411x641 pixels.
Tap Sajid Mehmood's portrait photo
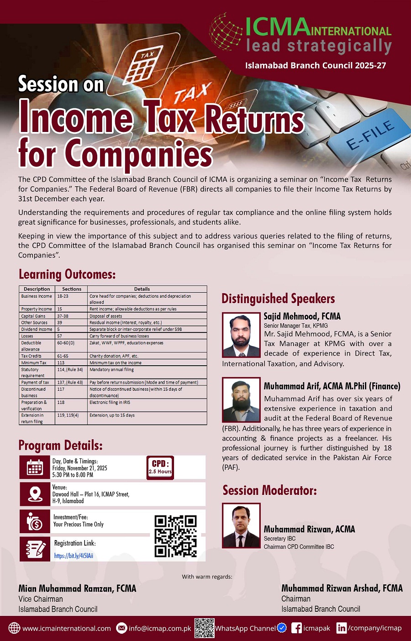pyautogui.click(x=241, y=335)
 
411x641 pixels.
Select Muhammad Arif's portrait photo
pyautogui.click(x=241, y=399)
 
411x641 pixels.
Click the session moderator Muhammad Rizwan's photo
pyautogui.click(x=241, y=525)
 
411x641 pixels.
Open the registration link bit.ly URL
pyautogui.click(x=74, y=556)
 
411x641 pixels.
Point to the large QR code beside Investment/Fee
pyautogui.click(x=175, y=536)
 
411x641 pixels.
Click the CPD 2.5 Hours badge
pyautogui.click(x=160, y=468)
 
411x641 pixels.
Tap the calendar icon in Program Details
pyautogui.click(x=35, y=467)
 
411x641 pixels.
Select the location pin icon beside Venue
pyautogui.click(x=35, y=494)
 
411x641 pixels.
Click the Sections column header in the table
pyautogui.click(x=72, y=289)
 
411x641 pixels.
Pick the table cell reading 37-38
pyautogui.click(x=63, y=316)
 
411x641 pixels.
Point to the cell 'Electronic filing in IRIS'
pyautogui.click(x=110, y=403)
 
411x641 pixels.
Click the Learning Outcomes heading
pyautogui.click(x=67, y=274)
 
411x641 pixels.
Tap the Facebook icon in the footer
pyautogui.click(x=296, y=628)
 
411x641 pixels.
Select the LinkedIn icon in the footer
pyautogui.click(x=341, y=628)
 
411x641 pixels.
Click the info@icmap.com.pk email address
pyautogui.click(x=160, y=628)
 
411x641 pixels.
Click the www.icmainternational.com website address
pyautogui.click(x=67, y=628)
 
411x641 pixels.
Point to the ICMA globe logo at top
pyautogui.click(x=226, y=32)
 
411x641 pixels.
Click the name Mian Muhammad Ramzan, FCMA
pyautogui.click(x=77, y=588)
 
